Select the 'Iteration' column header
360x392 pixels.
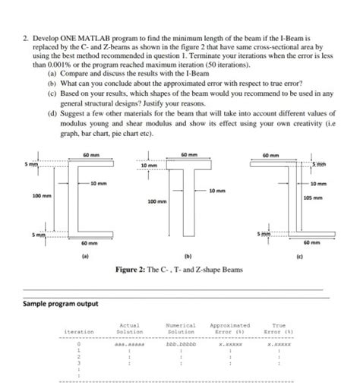click(79, 331)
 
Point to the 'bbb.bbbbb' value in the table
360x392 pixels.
click(181, 343)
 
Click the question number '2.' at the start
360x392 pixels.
click(27, 36)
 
